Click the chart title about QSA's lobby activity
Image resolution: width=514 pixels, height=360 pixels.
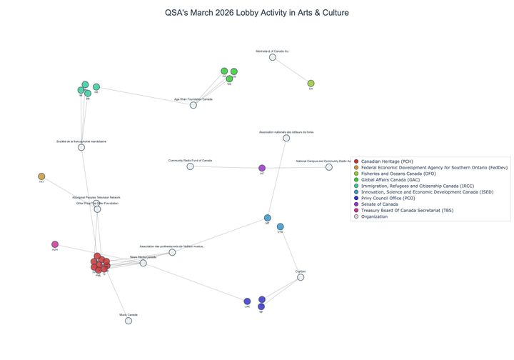tap(256, 13)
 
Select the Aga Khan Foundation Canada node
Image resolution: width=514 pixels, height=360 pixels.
tap(193, 105)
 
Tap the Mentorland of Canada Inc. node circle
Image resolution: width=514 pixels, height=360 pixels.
tap(272, 57)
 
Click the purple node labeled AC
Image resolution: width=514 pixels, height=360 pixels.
tap(262, 168)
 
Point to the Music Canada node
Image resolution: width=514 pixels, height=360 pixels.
tap(128, 321)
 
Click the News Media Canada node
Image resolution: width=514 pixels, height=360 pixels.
tap(143, 263)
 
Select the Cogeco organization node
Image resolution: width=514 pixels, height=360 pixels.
tap(301, 277)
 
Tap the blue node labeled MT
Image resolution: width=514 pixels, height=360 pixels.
tap(267, 218)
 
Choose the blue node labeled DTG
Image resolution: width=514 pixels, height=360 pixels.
tap(281, 226)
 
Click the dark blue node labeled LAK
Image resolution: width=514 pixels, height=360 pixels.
tap(247, 301)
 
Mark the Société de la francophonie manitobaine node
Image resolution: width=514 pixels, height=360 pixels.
tap(81, 147)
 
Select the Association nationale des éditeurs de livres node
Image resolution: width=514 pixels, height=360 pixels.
tap(286, 138)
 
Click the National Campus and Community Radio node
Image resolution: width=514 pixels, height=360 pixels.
tap(329, 167)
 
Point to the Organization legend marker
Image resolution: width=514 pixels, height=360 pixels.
tap(356, 216)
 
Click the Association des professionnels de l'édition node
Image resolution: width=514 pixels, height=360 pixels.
tap(172, 252)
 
